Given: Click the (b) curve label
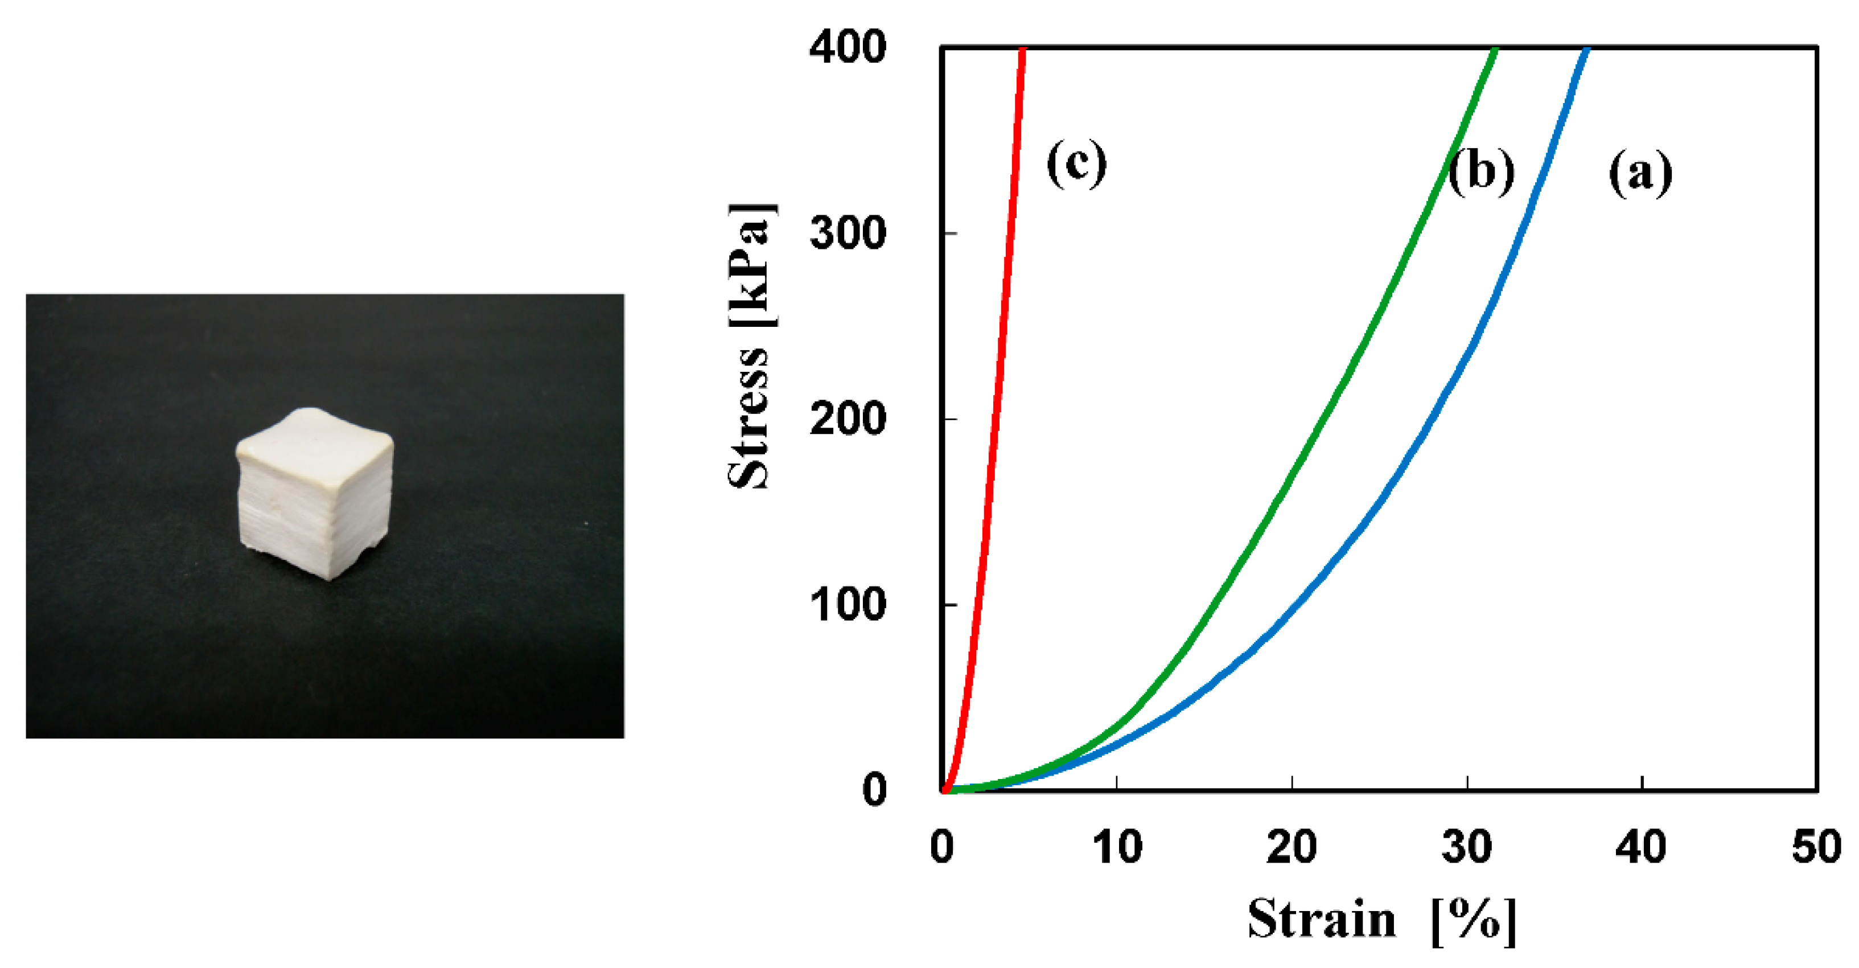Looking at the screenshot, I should [x=1481, y=172].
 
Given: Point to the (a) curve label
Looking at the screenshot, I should [x=1640, y=173].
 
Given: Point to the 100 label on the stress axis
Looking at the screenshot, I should [x=847, y=604].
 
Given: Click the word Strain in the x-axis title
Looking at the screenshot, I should [x=1322, y=920].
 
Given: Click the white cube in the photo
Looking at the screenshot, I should [x=315, y=498].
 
